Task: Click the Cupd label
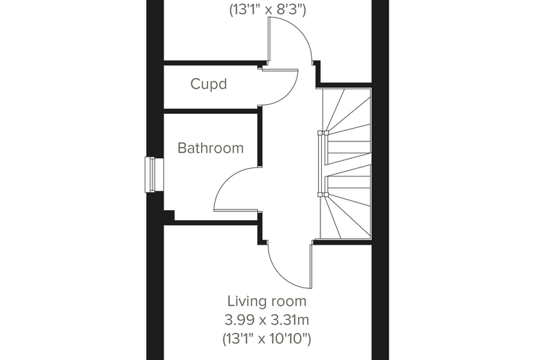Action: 209,84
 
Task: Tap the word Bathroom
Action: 211,148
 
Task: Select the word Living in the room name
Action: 245,302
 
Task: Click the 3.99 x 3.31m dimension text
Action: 267,320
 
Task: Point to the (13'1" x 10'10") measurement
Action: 267,339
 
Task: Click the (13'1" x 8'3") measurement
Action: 267,10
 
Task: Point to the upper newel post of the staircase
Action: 323,133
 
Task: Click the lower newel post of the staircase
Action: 323,195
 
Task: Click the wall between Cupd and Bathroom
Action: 211,111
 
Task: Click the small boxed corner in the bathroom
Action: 169,215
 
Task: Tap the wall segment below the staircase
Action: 342,242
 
